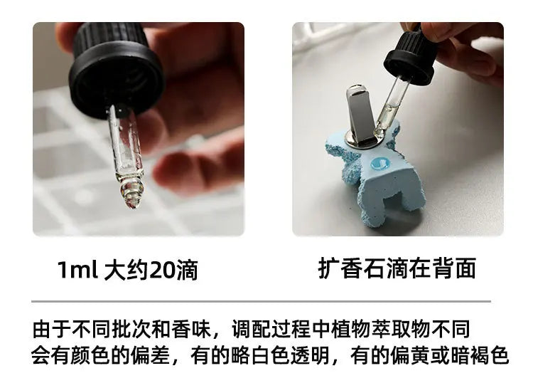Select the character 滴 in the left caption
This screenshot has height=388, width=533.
(186, 270)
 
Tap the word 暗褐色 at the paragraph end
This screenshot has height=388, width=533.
(483, 355)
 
